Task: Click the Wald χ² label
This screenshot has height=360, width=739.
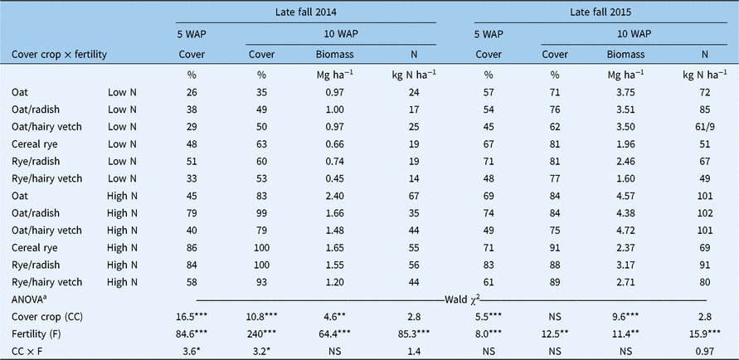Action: click(x=453, y=299)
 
